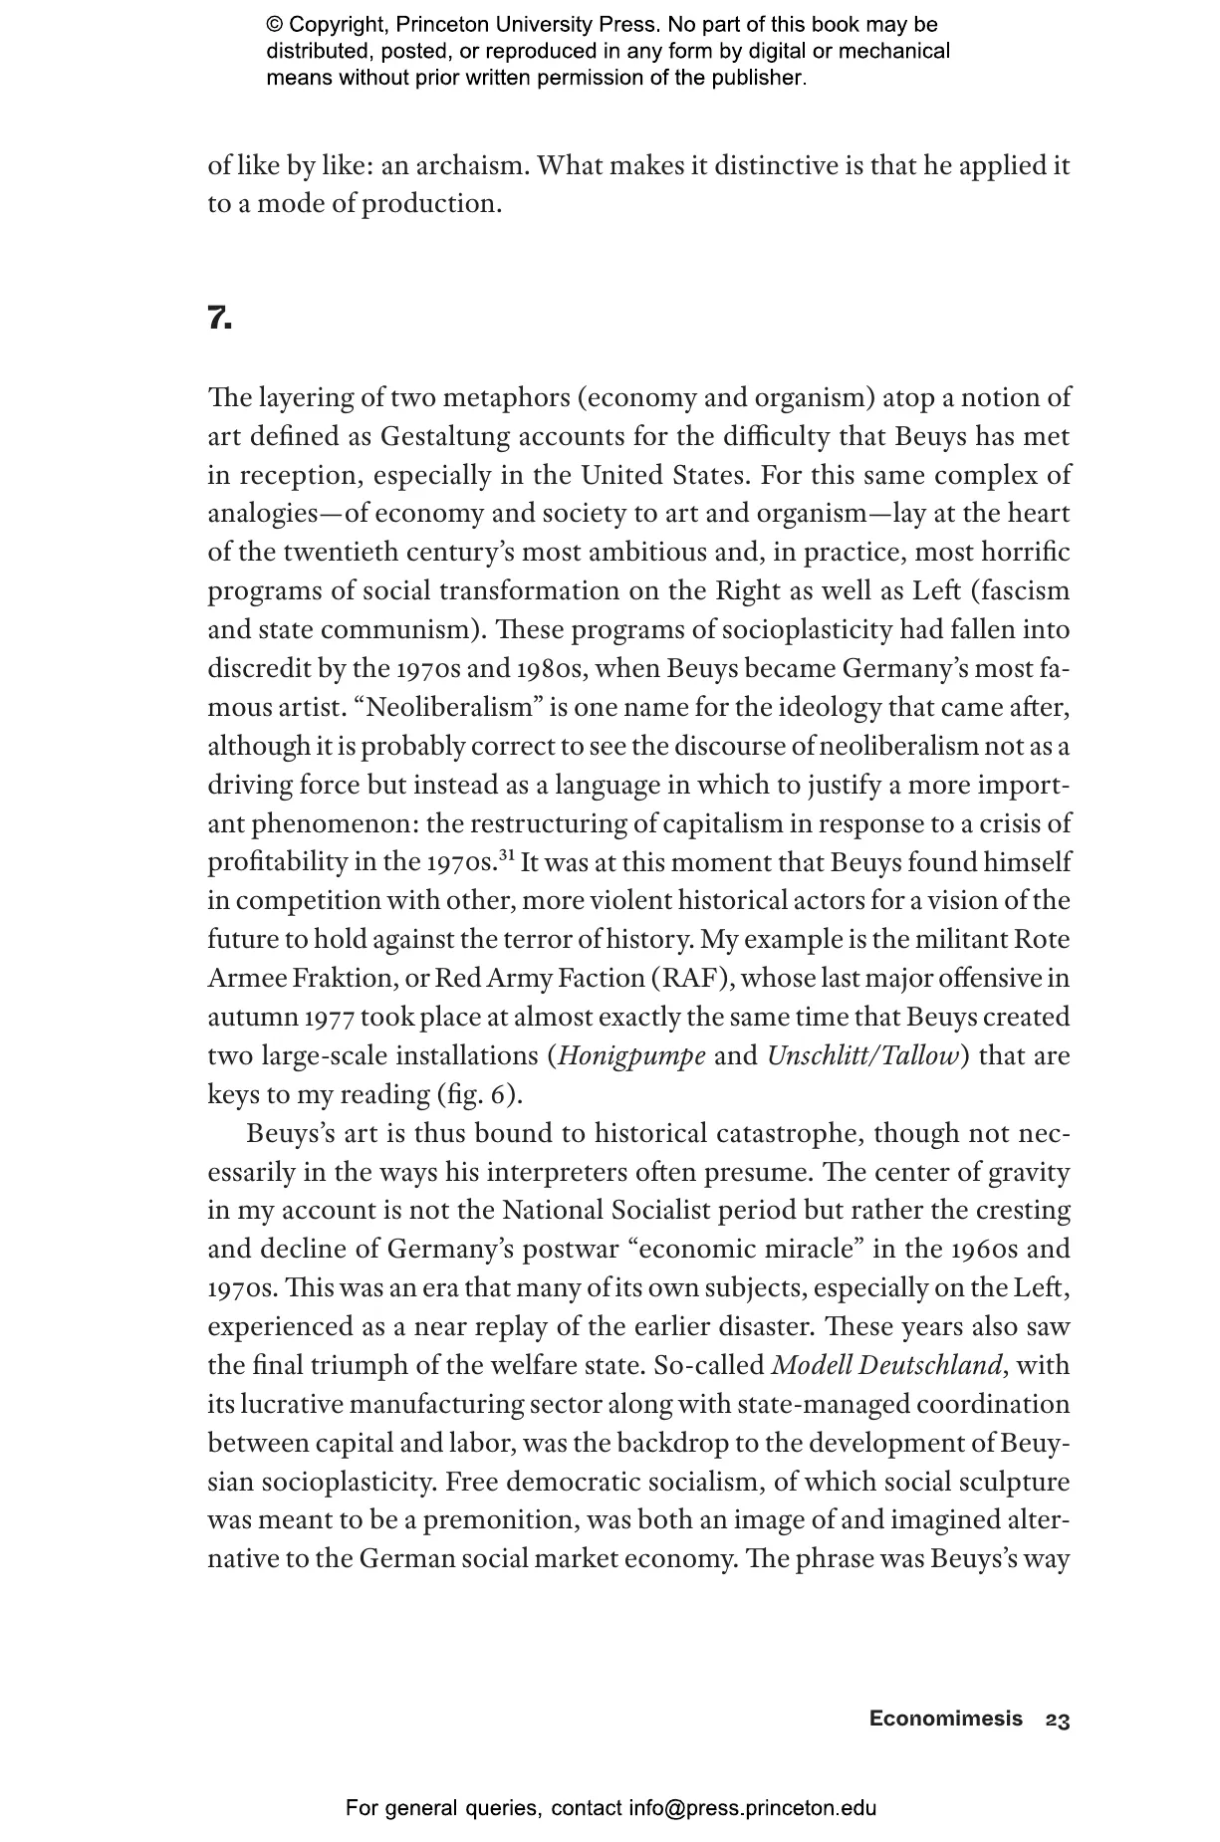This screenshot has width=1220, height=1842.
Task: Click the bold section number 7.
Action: (219, 319)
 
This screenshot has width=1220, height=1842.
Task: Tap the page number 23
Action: (1058, 1721)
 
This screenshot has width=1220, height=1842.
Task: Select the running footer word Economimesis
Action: (945, 1719)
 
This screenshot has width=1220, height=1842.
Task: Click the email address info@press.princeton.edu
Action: (752, 1808)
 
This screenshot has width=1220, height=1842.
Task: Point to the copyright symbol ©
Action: (274, 25)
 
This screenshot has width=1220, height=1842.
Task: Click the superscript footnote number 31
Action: (507, 855)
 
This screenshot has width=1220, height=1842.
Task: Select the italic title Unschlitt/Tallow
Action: (862, 1055)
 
